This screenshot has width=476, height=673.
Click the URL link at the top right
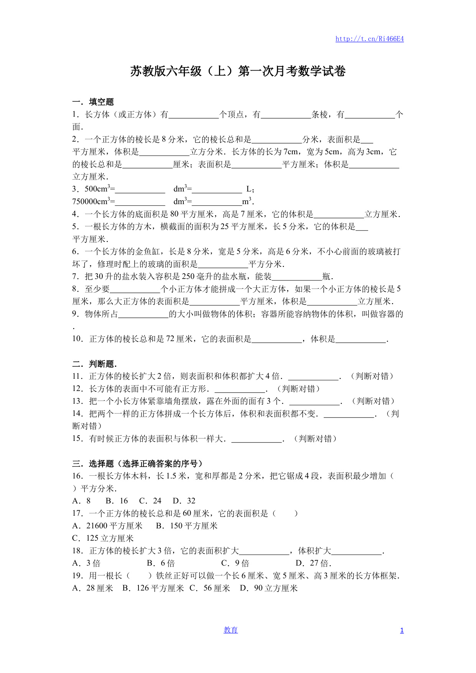369,39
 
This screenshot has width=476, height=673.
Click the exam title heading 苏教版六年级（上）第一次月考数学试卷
238,71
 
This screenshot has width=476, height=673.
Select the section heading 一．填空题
93,102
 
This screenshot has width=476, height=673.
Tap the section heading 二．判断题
94,364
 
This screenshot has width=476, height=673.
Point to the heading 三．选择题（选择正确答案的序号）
137,464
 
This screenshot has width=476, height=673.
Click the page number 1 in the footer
402,630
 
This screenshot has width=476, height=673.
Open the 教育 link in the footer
231,630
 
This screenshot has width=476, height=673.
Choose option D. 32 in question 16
184,501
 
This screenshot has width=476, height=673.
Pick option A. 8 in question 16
82,501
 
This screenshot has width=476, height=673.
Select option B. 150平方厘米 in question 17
187,526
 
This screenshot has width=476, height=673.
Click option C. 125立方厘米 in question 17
103,538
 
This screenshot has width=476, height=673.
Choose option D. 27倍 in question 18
313,563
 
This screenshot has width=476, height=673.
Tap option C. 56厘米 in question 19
210,588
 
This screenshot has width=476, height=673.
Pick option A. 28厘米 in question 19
93,588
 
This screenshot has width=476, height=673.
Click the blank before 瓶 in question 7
297,277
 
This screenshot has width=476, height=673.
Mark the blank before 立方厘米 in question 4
339,215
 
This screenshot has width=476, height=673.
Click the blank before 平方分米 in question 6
223,265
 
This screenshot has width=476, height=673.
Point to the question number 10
77,339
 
